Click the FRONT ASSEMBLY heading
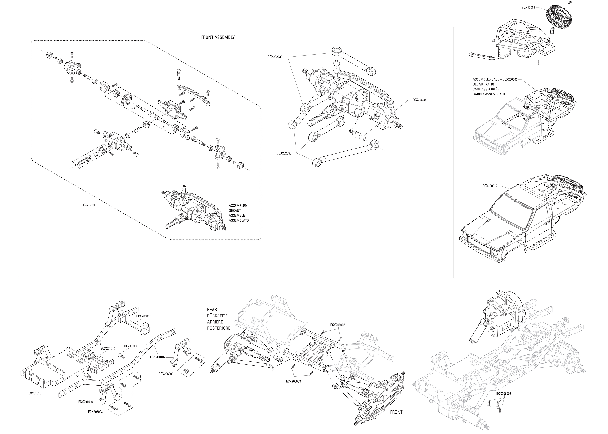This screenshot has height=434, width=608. [x=218, y=37]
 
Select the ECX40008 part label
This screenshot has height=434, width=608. [x=528, y=8]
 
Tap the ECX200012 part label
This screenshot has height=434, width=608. [x=490, y=186]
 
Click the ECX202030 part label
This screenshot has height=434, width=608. [x=89, y=205]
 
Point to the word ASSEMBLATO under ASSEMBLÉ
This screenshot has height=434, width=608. [x=239, y=220]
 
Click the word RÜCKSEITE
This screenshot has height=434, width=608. [x=217, y=316]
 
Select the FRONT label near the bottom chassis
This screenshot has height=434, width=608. [x=396, y=412]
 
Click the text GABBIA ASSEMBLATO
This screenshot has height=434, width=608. [x=489, y=94]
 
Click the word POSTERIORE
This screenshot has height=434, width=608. [x=218, y=328]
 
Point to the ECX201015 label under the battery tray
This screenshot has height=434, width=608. [x=34, y=393]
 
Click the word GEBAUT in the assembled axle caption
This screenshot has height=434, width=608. [x=235, y=211]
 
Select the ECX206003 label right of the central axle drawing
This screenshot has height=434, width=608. [x=419, y=100]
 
